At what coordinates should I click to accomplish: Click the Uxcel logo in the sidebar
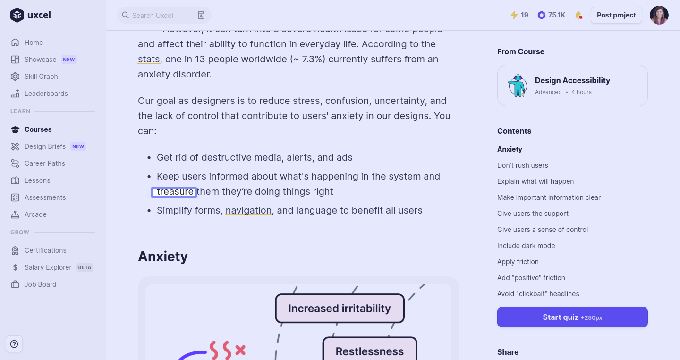pos(31,15)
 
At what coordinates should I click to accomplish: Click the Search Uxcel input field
pos(156,15)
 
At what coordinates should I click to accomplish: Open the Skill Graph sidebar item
pos(41,77)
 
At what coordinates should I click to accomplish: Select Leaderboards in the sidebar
pos(46,94)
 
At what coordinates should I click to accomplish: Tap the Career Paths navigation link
pos(45,163)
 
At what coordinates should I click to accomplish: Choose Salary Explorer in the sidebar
pos(48,267)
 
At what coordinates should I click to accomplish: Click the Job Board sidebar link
pos(40,284)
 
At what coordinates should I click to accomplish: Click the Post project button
pos(616,15)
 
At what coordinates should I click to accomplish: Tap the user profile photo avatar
pos(659,15)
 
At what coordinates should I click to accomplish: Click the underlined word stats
pos(149,60)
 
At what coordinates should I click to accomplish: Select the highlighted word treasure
pos(174,192)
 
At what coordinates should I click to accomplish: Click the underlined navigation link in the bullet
pos(248,211)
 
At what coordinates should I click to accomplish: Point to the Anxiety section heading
pos(163,257)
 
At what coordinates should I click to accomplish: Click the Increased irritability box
pos(340,309)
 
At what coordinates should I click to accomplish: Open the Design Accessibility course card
pos(572,86)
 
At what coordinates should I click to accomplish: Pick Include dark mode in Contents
pos(526,246)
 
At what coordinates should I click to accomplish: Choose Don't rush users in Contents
pos(523,165)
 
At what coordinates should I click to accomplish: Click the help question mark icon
pos(14,344)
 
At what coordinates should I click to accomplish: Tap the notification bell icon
pos(578,15)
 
